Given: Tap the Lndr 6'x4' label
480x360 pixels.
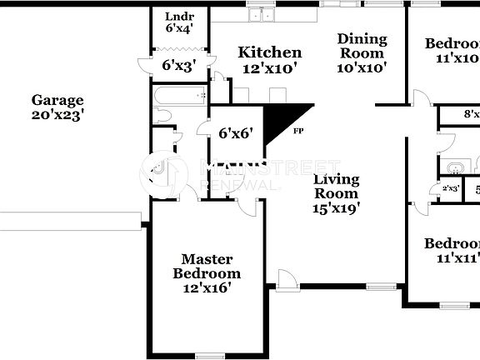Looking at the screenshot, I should tap(179, 22).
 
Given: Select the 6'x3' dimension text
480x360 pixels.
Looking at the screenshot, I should tap(178, 65).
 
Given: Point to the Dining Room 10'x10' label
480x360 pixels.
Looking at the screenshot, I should tap(362, 53).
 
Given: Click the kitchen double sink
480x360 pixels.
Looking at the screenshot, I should tap(264, 14).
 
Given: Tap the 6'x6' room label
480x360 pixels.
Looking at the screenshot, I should tap(236, 132).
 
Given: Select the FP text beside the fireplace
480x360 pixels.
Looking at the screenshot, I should tap(297, 131).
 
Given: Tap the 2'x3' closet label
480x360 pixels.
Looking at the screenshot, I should tap(451, 189).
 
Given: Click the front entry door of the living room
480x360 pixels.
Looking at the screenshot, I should tap(286, 280).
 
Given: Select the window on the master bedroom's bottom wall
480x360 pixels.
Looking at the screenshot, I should tap(209, 356).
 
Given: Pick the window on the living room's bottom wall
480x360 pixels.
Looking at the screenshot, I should tap(380, 287).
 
